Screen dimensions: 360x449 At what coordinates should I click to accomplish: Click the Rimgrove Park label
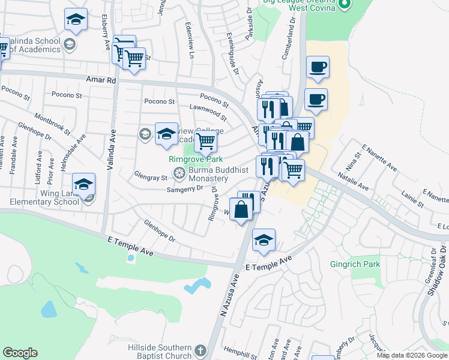[195, 160]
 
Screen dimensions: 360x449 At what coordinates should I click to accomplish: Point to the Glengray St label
[151, 178]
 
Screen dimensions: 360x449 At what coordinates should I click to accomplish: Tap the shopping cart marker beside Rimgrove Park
[205, 141]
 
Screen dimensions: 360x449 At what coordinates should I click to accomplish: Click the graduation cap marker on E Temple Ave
[264, 240]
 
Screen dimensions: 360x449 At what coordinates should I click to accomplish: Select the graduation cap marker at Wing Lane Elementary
[84, 184]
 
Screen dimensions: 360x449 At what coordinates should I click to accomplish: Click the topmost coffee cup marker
[318, 67]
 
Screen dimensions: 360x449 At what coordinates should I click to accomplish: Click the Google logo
[20, 353]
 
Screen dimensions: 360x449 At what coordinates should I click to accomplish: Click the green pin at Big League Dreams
[344, 5]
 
